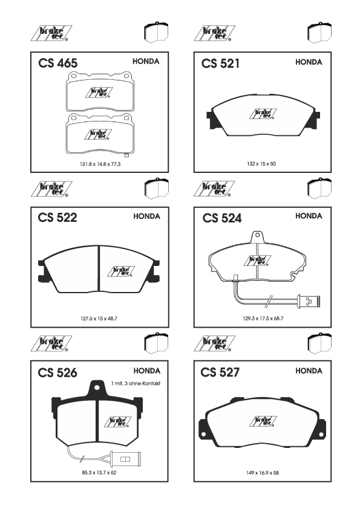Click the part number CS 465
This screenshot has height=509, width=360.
click(x=58, y=63)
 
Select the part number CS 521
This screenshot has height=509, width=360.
click(x=220, y=63)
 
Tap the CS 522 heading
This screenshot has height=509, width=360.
click(x=57, y=218)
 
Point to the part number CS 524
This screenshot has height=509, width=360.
click(x=222, y=218)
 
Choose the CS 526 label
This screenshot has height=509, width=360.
click(x=57, y=372)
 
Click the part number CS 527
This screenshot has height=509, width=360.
click(x=220, y=372)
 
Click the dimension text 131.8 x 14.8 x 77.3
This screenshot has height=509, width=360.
click(x=100, y=164)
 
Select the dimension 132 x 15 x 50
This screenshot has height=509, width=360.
click(x=261, y=164)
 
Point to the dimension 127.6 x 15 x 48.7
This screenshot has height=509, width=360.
click(x=99, y=319)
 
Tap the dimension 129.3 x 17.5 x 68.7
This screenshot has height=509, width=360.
click(x=263, y=319)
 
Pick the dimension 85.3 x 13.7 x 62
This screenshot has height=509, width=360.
click(x=99, y=473)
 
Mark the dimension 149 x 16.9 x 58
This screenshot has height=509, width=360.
click(x=263, y=473)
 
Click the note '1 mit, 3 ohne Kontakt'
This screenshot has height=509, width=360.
click(x=136, y=383)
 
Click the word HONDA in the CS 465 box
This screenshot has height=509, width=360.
click(x=146, y=61)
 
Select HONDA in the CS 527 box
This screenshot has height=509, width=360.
click(x=309, y=371)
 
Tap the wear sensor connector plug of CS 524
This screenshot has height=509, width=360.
click(x=309, y=301)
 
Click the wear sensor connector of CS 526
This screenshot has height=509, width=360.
click(x=125, y=459)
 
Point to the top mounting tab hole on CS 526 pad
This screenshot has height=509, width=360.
click(x=96, y=387)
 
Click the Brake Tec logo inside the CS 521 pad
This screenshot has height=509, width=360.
click(x=263, y=114)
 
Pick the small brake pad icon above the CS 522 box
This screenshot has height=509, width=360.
click(x=157, y=188)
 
